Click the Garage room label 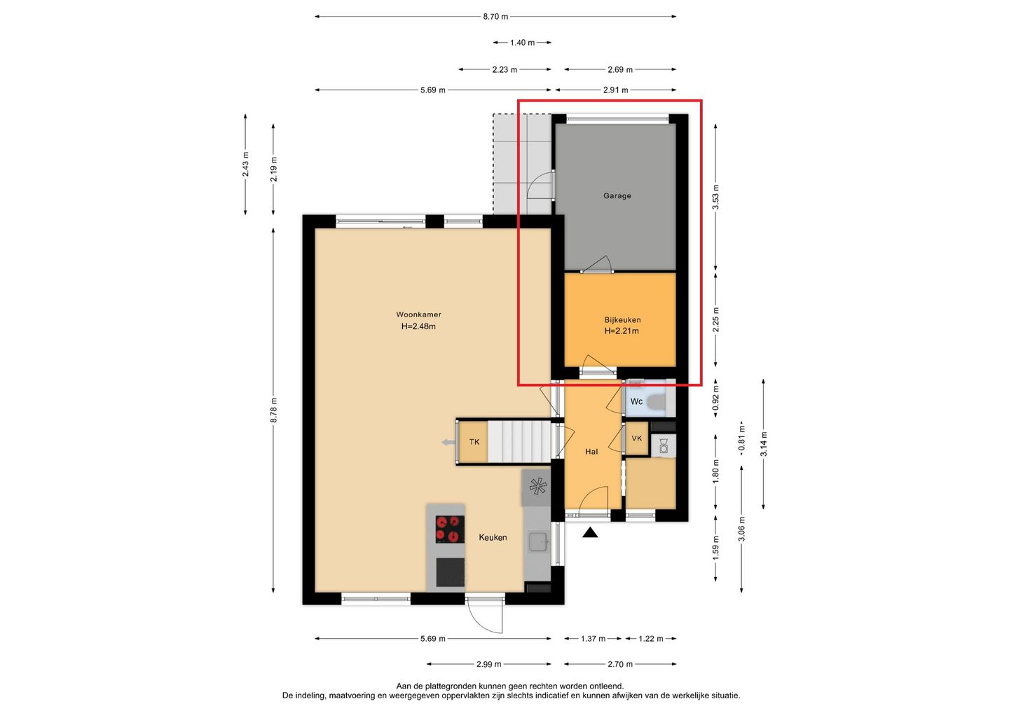pyautogui.click(x=617, y=196)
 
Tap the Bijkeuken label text pyautogui.click(x=622, y=320)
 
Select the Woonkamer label pyautogui.click(x=418, y=314)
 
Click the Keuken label pyautogui.click(x=493, y=537)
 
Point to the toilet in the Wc pyautogui.click(x=657, y=401)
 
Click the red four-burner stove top pyautogui.click(x=450, y=529)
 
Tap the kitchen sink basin pyautogui.click(x=538, y=542)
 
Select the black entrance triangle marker pyautogui.click(x=590, y=533)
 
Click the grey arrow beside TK pyautogui.click(x=448, y=443)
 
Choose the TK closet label pyautogui.click(x=474, y=442)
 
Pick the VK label pyautogui.click(x=636, y=438)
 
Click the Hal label pyautogui.click(x=591, y=452)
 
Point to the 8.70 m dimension pyautogui.click(x=495, y=17)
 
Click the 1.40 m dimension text pyautogui.click(x=522, y=43)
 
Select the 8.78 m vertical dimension pyautogui.click(x=273, y=410)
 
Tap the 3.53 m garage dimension pyautogui.click(x=716, y=197)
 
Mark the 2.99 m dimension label pyautogui.click(x=489, y=664)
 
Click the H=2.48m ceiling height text pyautogui.click(x=418, y=326)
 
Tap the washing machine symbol pyautogui.click(x=663, y=445)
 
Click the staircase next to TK pyautogui.click(x=519, y=441)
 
